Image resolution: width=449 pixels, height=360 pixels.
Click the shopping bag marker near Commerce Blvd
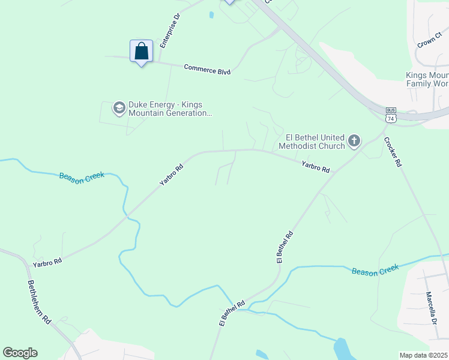[x=141, y=51]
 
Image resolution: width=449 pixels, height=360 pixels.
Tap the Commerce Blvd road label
[x=207, y=70]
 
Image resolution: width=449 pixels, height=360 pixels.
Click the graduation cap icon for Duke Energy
[x=119, y=108]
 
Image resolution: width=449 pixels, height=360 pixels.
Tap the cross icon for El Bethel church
[x=354, y=142]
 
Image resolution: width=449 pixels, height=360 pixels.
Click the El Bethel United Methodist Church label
[x=312, y=142]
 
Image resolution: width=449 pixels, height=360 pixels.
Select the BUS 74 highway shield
[x=391, y=115]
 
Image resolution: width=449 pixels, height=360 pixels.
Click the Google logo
[x=20, y=353]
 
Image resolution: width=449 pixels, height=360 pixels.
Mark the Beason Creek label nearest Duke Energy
[x=82, y=176]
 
